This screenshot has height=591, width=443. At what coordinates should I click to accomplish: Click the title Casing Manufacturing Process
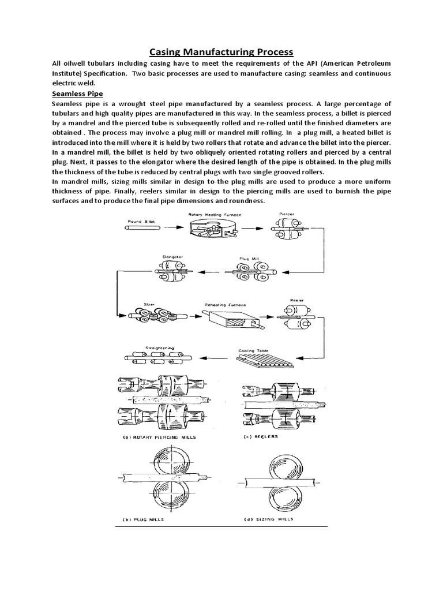pos(221,51)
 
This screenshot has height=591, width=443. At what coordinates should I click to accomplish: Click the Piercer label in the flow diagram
pos(287,213)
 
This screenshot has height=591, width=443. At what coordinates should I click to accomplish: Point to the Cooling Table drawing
pos(265,360)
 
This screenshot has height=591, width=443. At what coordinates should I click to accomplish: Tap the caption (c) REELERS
pos(261,437)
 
